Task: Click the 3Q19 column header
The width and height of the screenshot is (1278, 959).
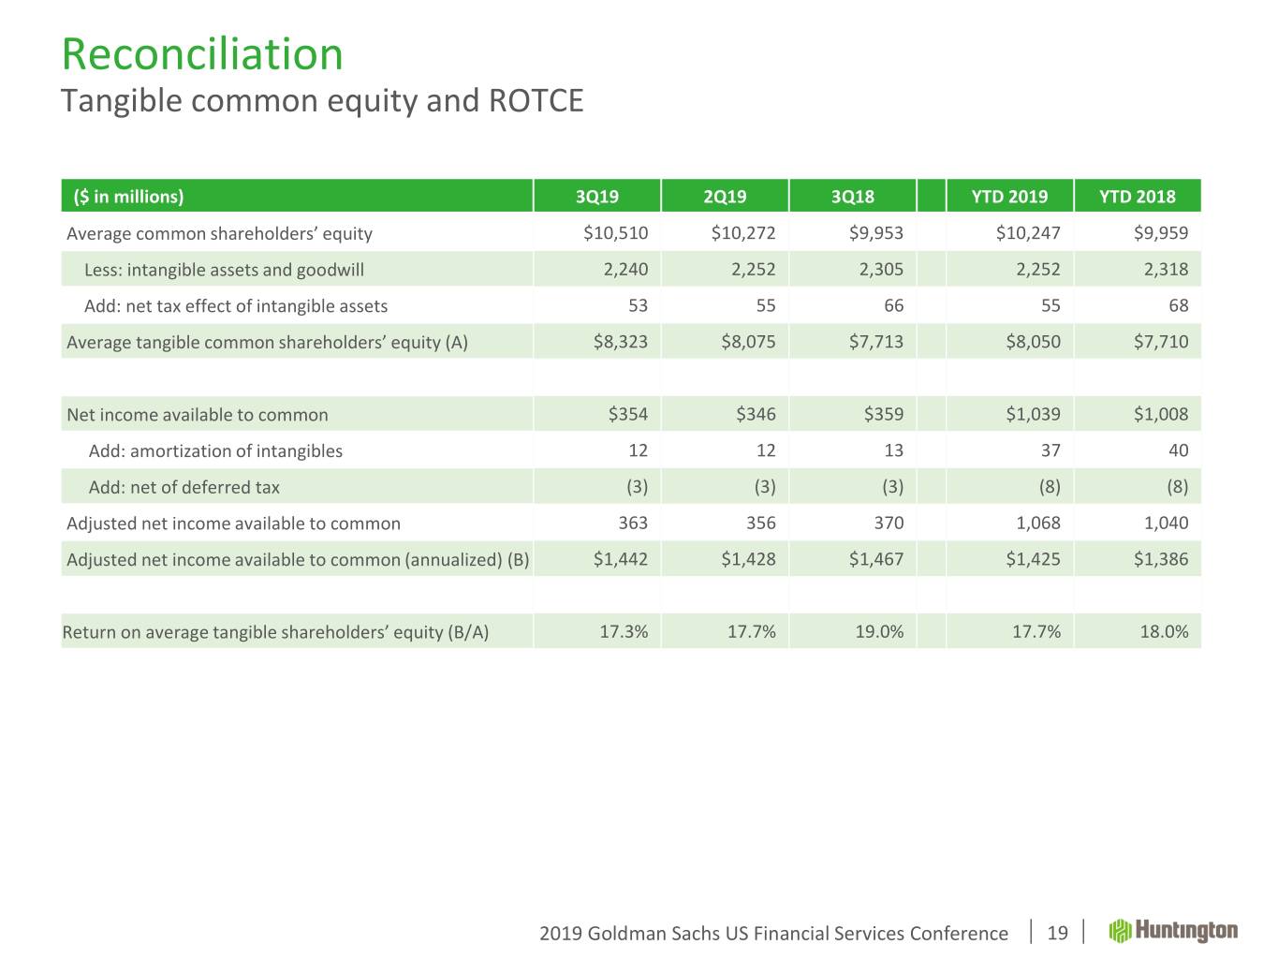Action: (x=596, y=197)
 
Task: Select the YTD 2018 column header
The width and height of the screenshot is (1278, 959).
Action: (x=1137, y=197)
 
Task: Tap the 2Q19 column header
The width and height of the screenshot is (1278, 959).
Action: (x=725, y=197)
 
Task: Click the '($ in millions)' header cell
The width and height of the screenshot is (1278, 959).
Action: (x=128, y=197)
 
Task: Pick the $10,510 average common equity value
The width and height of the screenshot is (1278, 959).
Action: (x=615, y=233)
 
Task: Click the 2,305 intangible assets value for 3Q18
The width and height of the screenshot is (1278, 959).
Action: (x=881, y=270)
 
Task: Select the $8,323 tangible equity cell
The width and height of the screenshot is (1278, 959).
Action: (x=620, y=342)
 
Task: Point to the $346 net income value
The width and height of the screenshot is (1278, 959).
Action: (x=756, y=414)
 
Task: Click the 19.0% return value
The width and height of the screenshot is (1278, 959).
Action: (x=879, y=631)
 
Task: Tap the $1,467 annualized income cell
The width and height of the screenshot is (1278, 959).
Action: (x=875, y=559)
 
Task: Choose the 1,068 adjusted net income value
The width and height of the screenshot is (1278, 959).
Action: (x=1038, y=523)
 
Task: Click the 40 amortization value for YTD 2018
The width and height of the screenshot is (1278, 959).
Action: (x=1178, y=450)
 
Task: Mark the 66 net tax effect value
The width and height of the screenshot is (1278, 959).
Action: (x=893, y=305)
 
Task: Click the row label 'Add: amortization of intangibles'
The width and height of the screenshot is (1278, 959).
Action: (x=215, y=450)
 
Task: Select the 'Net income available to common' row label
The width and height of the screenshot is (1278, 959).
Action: (x=197, y=415)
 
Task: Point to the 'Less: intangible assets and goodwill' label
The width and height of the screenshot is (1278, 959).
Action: (x=224, y=271)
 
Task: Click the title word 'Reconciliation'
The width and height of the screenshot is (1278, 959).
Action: (x=202, y=54)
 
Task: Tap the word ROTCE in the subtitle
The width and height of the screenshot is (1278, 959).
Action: (x=536, y=100)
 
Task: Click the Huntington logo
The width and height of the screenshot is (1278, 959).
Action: (x=1173, y=931)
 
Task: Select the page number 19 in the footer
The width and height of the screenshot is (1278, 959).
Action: (x=1057, y=933)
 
